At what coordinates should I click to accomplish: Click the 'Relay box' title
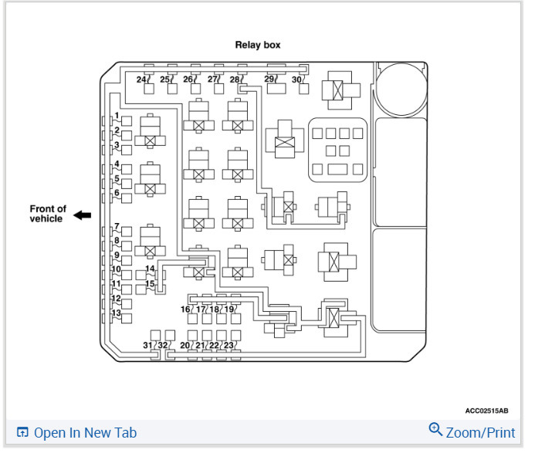tap(258, 45)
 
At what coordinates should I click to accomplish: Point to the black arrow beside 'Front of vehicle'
tap(82, 215)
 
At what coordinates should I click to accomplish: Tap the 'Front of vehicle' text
tap(48, 214)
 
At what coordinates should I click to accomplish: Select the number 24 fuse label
tap(142, 79)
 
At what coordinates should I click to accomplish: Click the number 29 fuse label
tap(269, 79)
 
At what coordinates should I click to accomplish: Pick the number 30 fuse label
tap(296, 79)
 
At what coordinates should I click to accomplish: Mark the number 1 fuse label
tap(117, 116)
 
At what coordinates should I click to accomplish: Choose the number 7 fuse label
tap(117, 227)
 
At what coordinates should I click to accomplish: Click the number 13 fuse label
tap(116, 313)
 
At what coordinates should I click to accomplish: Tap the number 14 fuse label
tap(150, 269)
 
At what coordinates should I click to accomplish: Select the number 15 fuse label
tap(150, 284)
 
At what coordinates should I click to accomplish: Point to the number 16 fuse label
tap(185, 309)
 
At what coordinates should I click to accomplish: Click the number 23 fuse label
tap(228, 345)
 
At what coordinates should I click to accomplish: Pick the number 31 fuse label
tap(148, 345)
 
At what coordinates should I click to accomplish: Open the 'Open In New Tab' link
tap(76, 433)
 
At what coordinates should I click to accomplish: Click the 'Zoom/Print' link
tap(479, 432)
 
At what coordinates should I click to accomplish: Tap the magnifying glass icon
tap(435, 430)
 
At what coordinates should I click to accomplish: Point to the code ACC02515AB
tap(492, 411)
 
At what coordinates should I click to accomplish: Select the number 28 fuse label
tap(235, 79)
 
